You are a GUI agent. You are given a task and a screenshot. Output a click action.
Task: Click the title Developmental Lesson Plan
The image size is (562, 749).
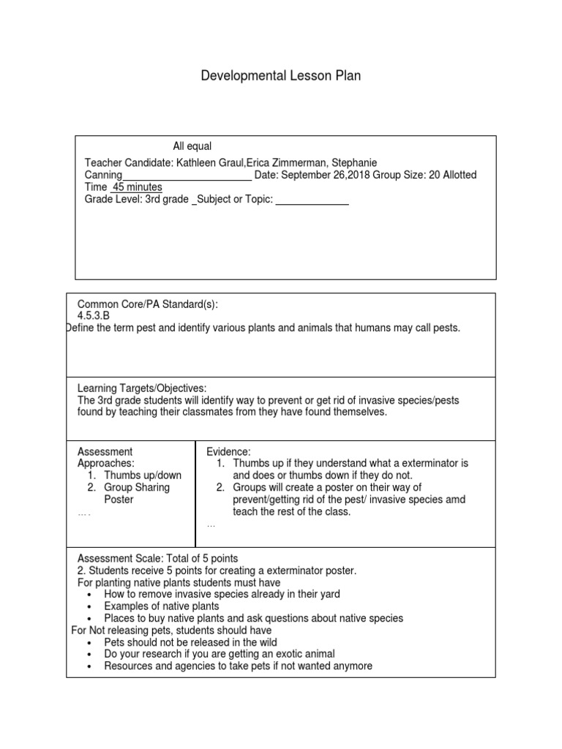(281, 76)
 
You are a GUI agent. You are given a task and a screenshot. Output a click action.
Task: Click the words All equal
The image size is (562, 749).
(192, 146)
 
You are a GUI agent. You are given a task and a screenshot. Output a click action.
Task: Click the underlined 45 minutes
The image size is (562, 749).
(136, 187)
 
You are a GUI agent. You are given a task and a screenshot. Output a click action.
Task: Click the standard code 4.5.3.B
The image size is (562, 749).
(98, 316)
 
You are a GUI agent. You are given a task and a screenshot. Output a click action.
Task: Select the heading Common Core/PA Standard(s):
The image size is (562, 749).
(148, 304)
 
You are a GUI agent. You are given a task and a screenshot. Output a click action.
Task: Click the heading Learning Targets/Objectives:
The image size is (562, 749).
(142, 388)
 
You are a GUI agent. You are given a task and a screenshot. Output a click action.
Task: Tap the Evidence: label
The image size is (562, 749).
(228, 452)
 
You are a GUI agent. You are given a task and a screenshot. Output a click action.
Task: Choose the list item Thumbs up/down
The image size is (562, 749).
(143, 475)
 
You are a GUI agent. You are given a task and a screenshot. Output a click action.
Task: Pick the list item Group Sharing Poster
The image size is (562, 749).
(136, 493)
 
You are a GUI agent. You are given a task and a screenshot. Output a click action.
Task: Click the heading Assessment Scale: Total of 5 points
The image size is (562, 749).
(157, 559)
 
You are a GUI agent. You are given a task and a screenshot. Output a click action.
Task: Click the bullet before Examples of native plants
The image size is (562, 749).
(89, 607)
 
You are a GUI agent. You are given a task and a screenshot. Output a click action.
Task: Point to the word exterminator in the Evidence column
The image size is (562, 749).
(421, 464)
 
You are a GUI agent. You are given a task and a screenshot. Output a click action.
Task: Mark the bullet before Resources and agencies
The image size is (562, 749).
(89, 667)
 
